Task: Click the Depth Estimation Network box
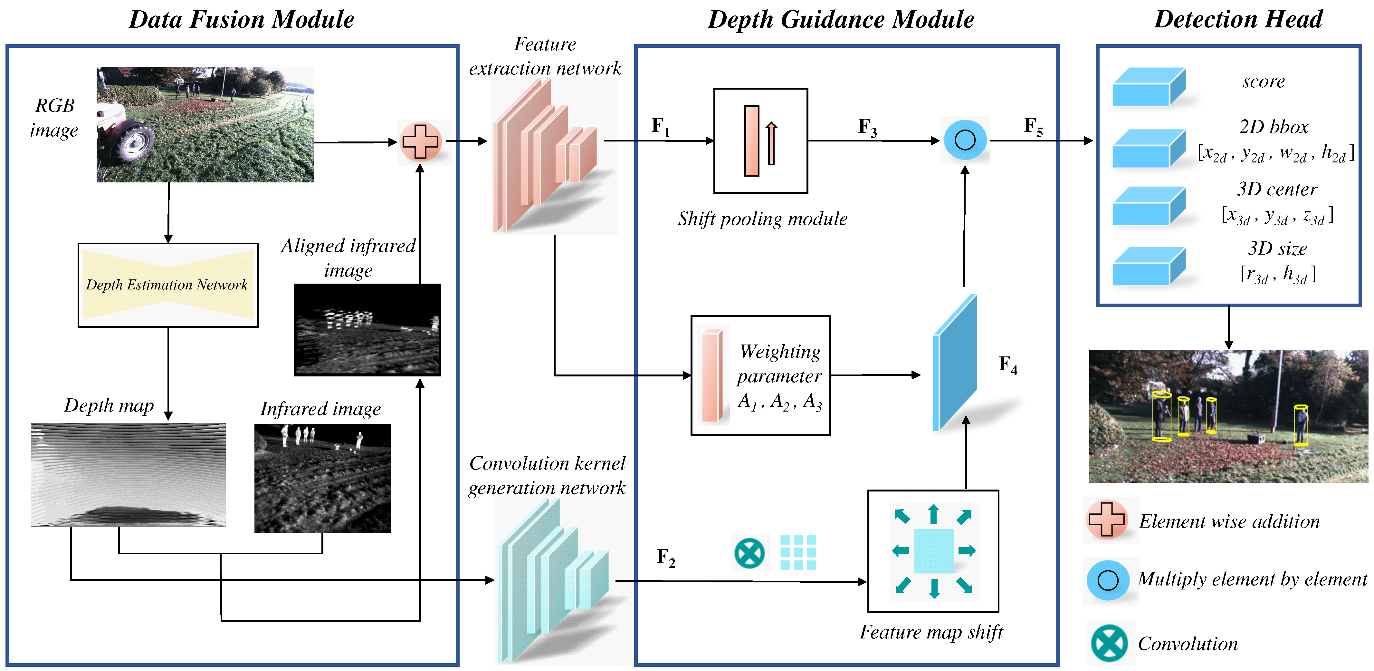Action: point(168,285)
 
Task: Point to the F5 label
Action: point(1033,127)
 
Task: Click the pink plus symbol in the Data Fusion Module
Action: point(420,141)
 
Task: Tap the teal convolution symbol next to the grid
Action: point(749,553)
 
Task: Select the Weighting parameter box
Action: point(760,375)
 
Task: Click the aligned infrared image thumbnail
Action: point(367,329)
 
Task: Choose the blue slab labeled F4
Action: point(955,363)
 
